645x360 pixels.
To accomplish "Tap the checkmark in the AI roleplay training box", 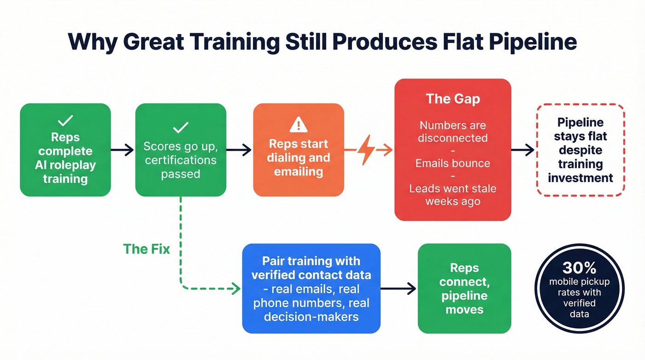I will coord(65,121).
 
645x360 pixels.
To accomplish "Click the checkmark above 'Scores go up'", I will coord(181,128).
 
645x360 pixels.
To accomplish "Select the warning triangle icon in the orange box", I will coord(299,124).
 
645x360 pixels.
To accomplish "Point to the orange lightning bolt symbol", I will coord(367,150).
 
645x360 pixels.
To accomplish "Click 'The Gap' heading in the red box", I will coord(453,99).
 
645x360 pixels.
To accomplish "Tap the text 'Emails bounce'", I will coord(453,163).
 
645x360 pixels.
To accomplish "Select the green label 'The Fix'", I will coord(147,249).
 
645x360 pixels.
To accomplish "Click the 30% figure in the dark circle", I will coord(579,268).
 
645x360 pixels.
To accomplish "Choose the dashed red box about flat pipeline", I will coord(580,150).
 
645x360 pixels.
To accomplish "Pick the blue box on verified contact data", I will coord(311,288).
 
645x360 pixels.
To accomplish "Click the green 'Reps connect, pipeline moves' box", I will coord(464,289).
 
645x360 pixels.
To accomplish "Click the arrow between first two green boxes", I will coord(123,150).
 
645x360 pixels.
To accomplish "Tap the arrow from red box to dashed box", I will coord(523,150).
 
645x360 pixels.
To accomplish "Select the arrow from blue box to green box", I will coord(399,289).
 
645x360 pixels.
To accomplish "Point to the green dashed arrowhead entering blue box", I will coord(236,289).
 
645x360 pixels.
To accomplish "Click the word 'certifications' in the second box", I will coord(181,160).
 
